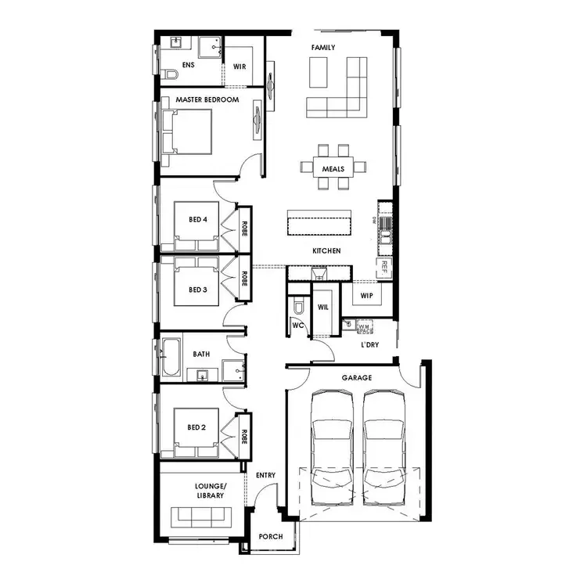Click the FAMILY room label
tap(323, 48)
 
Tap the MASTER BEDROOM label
tap(207, 99)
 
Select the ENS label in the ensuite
tap(188, 66)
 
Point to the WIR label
tap(239, 67)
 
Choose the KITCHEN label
tap(326, 251)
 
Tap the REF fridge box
tap(384, 267)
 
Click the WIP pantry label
tap(366, 297)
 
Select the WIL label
tap(322, 307)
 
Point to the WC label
tap(297, 324)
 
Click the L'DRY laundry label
tap(370, 344)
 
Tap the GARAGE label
tap(356, 377)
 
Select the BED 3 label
tap(198, 290)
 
